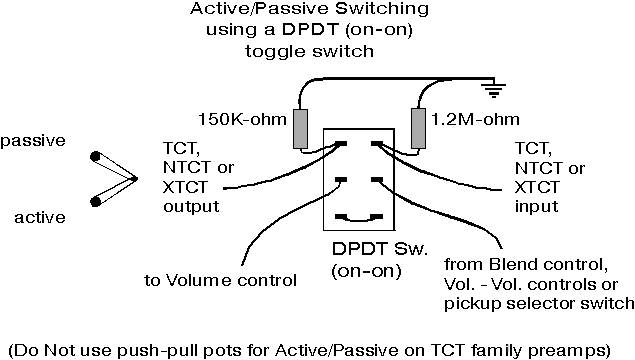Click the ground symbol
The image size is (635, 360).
click(x=493, y=90)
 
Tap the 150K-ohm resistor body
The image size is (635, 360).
click(x=300, y=129)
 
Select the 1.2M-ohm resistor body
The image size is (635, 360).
click(x=418, y=128)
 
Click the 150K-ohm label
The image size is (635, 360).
click(x=242, y=119)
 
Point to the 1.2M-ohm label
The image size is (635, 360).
click(x=475, y=119)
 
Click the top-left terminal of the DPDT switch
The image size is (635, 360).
click(x=341, y=144)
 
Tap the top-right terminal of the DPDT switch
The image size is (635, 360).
click(x=377, y=144)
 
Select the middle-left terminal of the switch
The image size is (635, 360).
click(x=341, y=179)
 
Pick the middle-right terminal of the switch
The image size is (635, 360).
click(x=377, y=179)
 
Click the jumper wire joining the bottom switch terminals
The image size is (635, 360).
click(x=359, y=221)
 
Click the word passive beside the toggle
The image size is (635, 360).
click(x=33, y=141)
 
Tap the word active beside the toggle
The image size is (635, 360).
click(x=40, y=218)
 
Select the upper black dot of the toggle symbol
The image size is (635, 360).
click(x=96, y=156)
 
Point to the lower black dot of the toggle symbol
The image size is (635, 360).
click(x=96, y=201)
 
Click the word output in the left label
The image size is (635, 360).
click(x=191, y=207)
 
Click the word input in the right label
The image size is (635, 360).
click(x=537, y=207)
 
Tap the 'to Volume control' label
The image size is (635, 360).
click(x=221, y=280)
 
